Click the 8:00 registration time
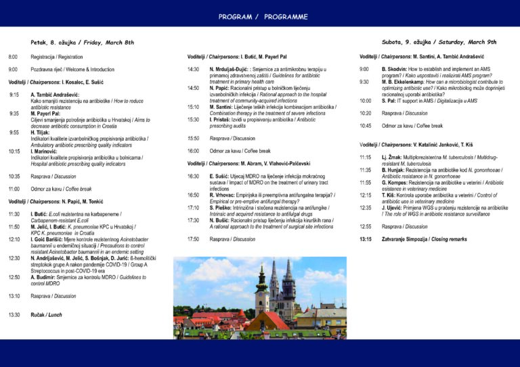[13, 57]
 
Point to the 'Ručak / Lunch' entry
[46, 315]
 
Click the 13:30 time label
[14, 315]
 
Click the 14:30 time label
[193, 70]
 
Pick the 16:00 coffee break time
[193, 151]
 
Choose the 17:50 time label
[193, 239]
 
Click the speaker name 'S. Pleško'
[223, 207]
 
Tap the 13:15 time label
[366, 239]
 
